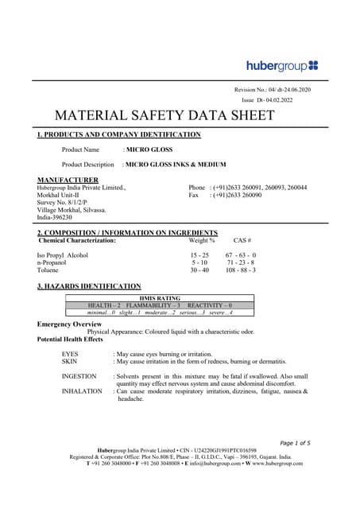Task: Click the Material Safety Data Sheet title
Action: (x=164, y=116)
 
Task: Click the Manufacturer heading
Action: (x=68, y=181)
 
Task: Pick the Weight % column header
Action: (x=202, y=239)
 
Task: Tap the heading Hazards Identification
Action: (x=89, y=286)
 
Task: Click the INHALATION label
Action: (x=82, y=391)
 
